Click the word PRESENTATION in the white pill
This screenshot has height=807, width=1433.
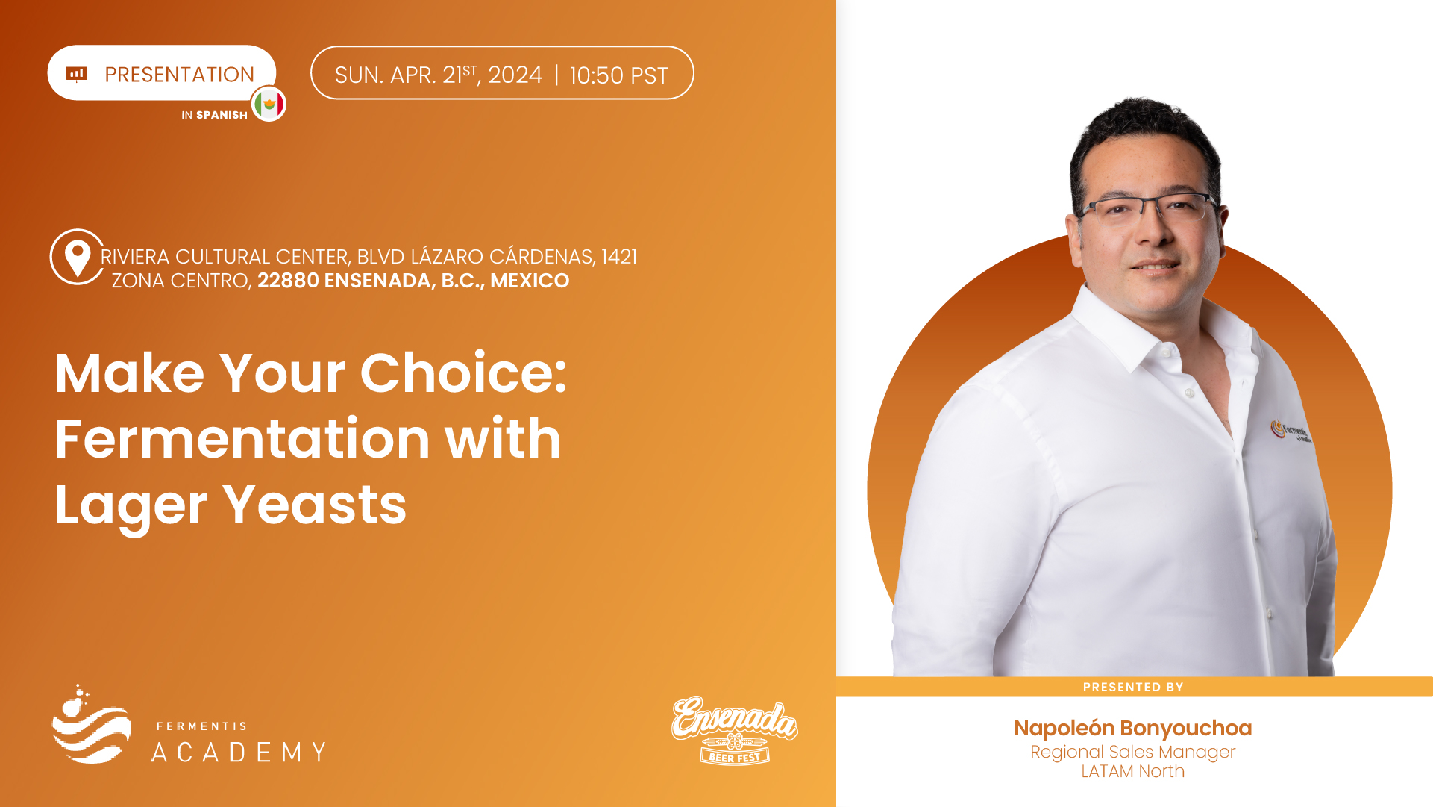point(179,75)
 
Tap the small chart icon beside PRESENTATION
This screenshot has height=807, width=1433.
point(77,73)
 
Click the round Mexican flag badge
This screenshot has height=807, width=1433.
point(269,104)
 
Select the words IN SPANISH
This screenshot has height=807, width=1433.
point(214,115)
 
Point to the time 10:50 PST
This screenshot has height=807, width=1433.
point(618,75)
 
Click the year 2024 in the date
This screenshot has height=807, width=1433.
point(515,75)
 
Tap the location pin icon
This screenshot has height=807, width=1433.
point(78,257)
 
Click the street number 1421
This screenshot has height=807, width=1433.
point(619,257)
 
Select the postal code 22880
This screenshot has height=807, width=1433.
point(288,281)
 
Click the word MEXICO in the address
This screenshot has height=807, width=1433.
point(530,281)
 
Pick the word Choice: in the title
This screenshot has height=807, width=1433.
point(464,373)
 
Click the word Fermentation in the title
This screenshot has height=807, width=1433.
point(242,438)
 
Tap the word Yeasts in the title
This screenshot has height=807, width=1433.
point(315,505)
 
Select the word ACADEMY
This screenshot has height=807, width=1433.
point(239,752)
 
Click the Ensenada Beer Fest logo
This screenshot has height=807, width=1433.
point(735,729)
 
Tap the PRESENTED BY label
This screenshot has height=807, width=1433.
point(1133,687)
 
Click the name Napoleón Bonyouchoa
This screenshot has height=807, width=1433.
point(1133,728)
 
